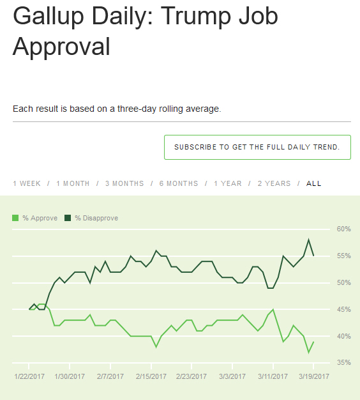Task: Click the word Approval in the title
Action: [62, 47]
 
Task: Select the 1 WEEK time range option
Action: [27, 183]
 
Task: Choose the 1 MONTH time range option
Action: [73, 183]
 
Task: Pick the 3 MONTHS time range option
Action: [124, 183]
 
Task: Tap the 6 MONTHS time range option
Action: [179, 183]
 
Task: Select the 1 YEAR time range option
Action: [228, 183]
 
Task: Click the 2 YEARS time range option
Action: [274, 183]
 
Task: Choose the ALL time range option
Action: [314, 183]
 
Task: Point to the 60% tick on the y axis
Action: [344, 229]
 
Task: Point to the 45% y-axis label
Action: [344, 309]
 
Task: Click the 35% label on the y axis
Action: [344, 363]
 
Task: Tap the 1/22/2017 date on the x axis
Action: [29, 376]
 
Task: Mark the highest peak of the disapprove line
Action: [309, 240]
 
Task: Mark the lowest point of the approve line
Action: [309, 352]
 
